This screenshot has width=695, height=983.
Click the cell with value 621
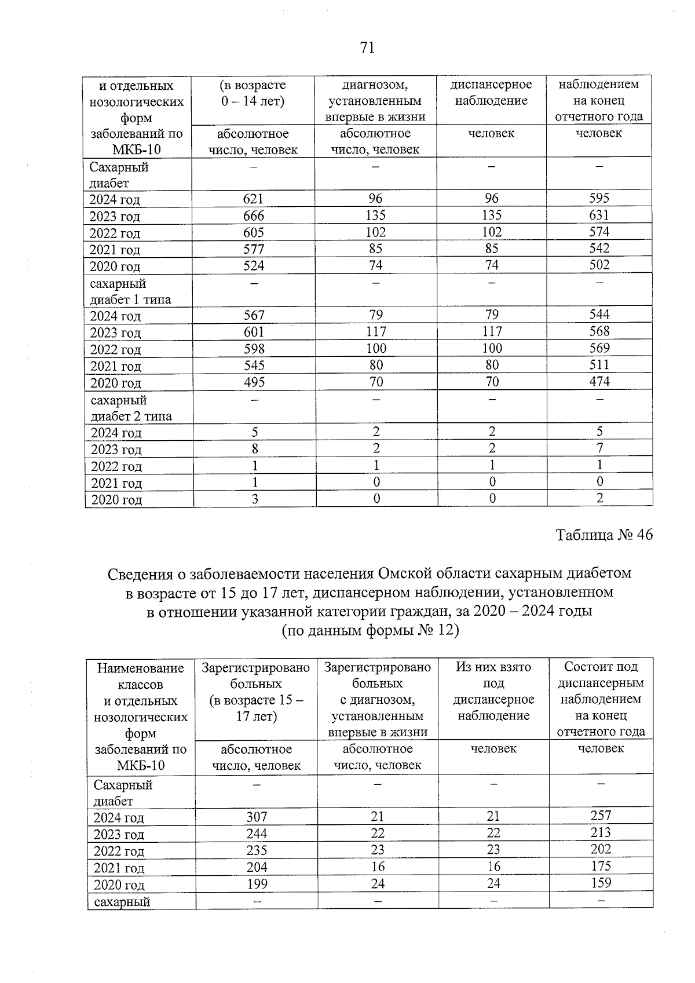point(253,199)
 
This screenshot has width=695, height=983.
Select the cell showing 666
point(253,215)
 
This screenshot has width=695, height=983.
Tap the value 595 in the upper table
point(599,198)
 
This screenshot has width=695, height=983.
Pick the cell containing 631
point(599,215)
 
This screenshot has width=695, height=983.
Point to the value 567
point(254,315)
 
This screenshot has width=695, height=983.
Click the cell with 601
point(254,332)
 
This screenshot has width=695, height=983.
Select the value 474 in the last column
point(599,381)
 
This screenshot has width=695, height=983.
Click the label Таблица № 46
point(604,535)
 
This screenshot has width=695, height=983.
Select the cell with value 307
point(257,817)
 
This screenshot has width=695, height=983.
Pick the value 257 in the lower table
point(601,816)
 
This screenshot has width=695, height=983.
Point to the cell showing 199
point(257,884)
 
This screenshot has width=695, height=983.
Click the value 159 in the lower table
point(601,883)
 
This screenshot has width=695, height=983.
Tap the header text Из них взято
point(493,667)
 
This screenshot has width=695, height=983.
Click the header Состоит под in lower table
point(601,667)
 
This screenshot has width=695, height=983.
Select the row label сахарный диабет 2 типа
point(131,408)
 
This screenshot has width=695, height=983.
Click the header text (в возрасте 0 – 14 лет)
point(253,93)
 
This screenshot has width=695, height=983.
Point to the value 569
point(599,348)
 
